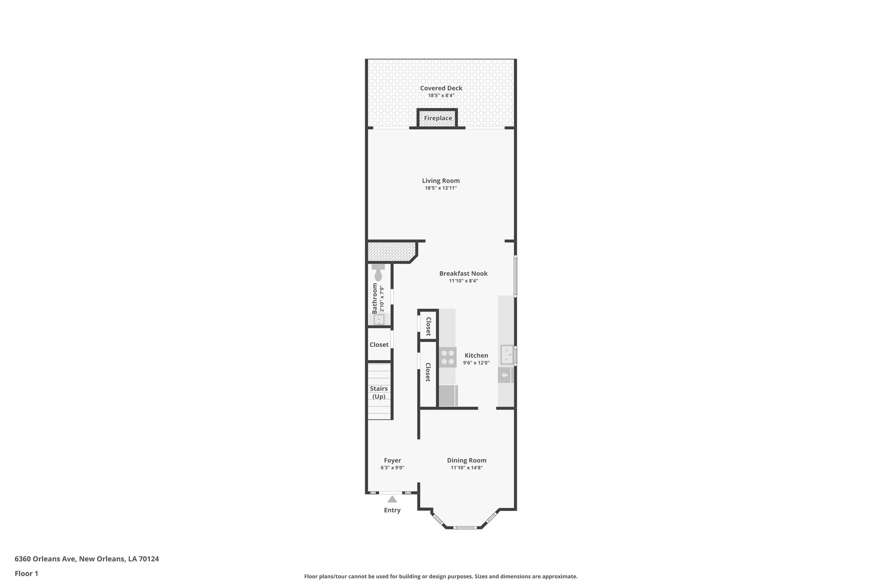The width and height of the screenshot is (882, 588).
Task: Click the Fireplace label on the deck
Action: click(x=438, y=118)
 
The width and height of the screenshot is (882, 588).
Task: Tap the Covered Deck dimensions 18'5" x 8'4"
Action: click(x=441, y=96)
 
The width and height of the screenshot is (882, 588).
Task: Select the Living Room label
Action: click(x=441, y=181)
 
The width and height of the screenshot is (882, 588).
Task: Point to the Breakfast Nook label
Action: click(x=463, y=274)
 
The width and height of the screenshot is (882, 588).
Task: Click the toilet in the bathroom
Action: click(x=378, y=274)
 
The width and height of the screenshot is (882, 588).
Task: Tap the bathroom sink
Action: click(x=379, y=320)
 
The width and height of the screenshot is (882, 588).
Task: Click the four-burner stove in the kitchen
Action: click(x=447, y=357)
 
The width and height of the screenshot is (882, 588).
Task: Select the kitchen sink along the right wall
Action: click(x=507, y=355)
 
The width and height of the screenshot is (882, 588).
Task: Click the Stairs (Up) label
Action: click(x=379, y=392)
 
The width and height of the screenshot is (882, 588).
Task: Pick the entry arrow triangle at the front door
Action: click(x=392, y=499)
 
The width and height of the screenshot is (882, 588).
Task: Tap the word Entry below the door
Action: click(x=392, y=510)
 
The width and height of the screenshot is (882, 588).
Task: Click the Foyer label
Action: click(x=392, y=460)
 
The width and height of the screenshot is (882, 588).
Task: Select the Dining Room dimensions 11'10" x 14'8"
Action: click(x=466, y=468)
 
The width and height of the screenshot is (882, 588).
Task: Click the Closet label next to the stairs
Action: click(x=379, y=345)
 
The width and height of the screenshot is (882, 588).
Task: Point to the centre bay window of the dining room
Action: click(x=465, y=527)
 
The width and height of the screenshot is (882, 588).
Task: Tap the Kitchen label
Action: click(x=476, y=355)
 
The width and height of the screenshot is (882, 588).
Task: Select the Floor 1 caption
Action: click(x=26, y=574)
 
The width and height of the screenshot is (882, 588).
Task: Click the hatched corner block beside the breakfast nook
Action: click(x=390, y=251)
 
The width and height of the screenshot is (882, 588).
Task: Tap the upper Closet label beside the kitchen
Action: click(x=428, y=327)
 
